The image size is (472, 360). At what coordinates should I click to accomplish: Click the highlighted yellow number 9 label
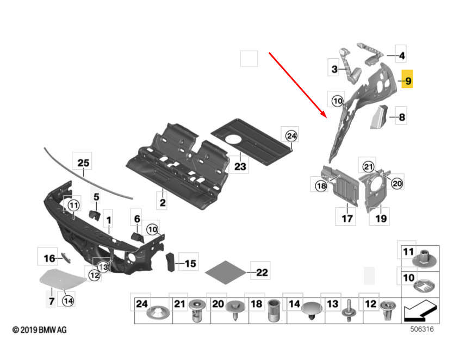[x=408, y=81]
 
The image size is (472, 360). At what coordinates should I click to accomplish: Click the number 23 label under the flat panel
[x=240, y=166]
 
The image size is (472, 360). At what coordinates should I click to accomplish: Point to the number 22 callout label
[x=262, y=272]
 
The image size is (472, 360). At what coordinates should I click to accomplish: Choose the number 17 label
[x=347, y=219]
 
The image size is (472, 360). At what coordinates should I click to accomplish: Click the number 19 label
[x=381, y=219]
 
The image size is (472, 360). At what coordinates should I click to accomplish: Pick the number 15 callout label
[x=190, y=264]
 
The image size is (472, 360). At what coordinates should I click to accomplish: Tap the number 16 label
[x=49, y=258]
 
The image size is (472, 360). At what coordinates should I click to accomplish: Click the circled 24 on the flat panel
[x=291, y=136]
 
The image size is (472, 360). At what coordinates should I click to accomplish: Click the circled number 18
[x=320, y=185]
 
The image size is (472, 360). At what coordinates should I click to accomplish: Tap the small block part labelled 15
[x=170, y=262]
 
